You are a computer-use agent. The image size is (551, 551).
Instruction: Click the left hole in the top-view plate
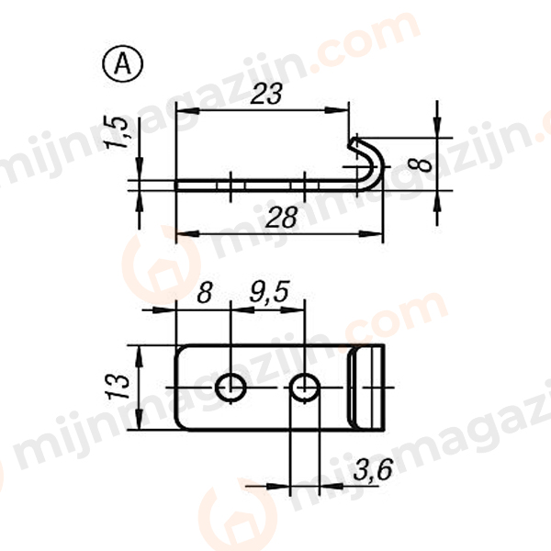coord(231,388)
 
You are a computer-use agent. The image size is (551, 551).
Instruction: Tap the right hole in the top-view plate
coord(305,388)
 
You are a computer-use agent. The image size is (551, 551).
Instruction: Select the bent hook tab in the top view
coord(367,388)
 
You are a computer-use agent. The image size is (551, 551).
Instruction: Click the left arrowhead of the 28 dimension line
coord(181,234)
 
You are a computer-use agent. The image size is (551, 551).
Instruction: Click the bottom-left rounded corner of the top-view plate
coord(181,423)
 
